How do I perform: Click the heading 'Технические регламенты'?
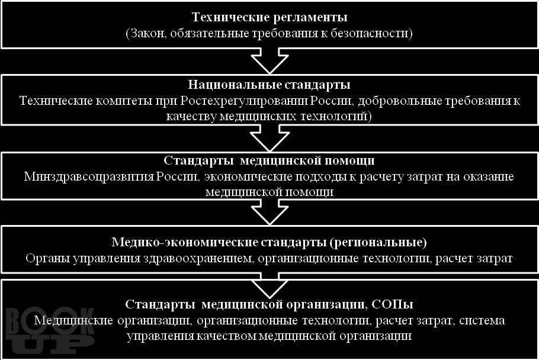(x=269, y=17)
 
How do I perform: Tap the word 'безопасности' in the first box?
(x=369, y=33)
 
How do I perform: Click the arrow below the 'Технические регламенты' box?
(x=269, y=61)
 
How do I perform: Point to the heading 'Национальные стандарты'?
(x=269, y=85)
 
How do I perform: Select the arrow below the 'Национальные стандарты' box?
(x=269, y=138)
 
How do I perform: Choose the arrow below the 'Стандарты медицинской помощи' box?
(x=269, y=212)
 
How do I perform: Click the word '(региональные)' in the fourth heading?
(x=378, y=242)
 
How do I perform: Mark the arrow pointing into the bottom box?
(x=269, y=285)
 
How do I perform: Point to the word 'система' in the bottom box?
(x=482, y=320)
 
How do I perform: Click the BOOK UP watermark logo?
(x=50, y=330)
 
